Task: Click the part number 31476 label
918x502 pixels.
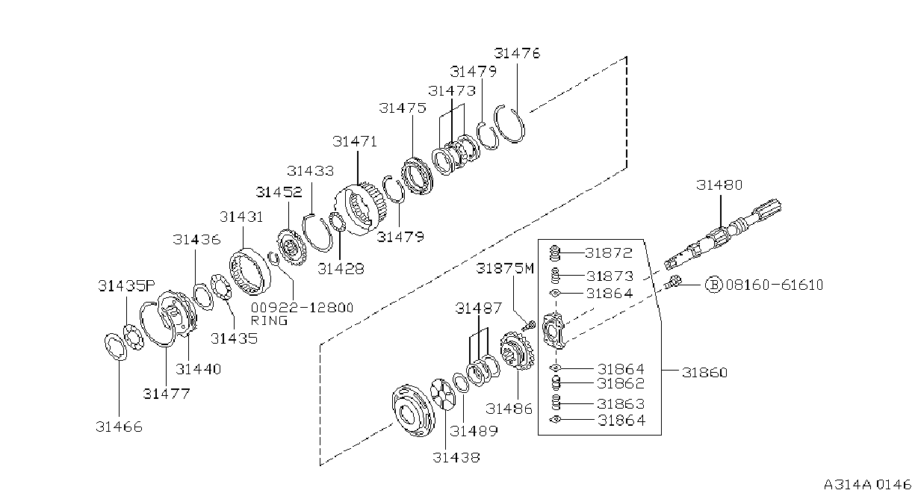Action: pyautogui.click(x=517, y=53)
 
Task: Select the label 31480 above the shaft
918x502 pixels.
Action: pyautogui.click(x=719, y=185)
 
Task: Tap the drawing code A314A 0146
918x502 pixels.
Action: pyautogui.click(x=868, y=485)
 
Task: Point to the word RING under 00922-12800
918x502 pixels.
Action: pyautogui.click(x=269, y=320)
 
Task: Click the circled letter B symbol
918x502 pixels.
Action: pyautogui.click(x=714, y=285)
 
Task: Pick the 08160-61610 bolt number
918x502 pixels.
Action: pyautogui.click(x=775, y=285)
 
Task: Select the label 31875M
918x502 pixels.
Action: pyautogui.click(x=505, y=268)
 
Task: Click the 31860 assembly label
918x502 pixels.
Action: pyautogui.click(x=705, y=373)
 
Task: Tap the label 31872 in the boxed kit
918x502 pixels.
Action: pyautogui.click(x=609, y=252)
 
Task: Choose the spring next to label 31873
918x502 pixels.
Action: pyautogui.click(x=554, y=276)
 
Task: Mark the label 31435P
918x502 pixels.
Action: pyautogui.click(x=127, y=285)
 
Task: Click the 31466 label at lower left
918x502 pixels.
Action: pyautogui.click(x=120, y=427)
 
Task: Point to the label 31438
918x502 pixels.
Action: pyautogui.click(x=456, y=457)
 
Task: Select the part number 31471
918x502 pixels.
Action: pyautogui.click(x=355, y=142)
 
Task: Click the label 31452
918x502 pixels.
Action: pyautogui.click(x=279, y=192)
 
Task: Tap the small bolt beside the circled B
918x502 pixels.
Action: pyautogui.click(x=673, y=282)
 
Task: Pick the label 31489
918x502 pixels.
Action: pyautogui.click(x=474, y=431)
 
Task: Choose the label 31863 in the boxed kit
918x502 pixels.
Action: pyautogui.click(x=621, y=404)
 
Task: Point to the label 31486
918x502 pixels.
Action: pyautogui.click(x=509, y=409)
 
